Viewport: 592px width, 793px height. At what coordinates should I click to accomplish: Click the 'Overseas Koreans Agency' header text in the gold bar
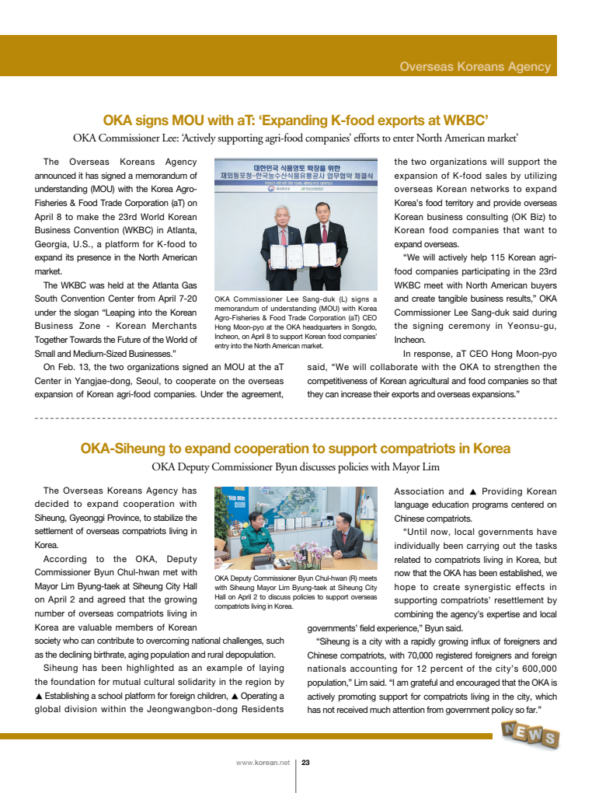(x=475, y=67)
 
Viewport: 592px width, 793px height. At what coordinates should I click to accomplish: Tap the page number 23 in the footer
(x=305, y=763)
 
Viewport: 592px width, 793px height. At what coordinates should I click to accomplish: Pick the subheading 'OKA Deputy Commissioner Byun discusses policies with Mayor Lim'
(x=295, y=467)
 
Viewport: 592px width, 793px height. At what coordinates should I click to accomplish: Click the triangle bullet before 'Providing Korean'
(x=473, y=491)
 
